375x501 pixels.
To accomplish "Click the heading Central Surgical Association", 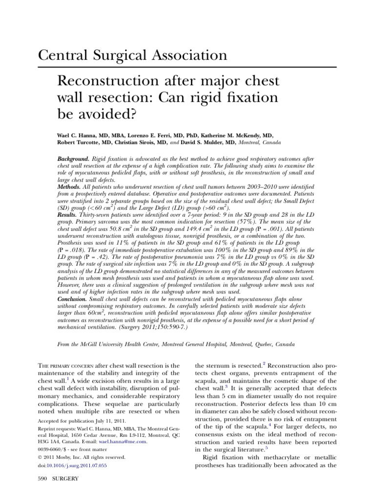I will (133, 55).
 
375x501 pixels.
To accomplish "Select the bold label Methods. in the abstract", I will (69, 187).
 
